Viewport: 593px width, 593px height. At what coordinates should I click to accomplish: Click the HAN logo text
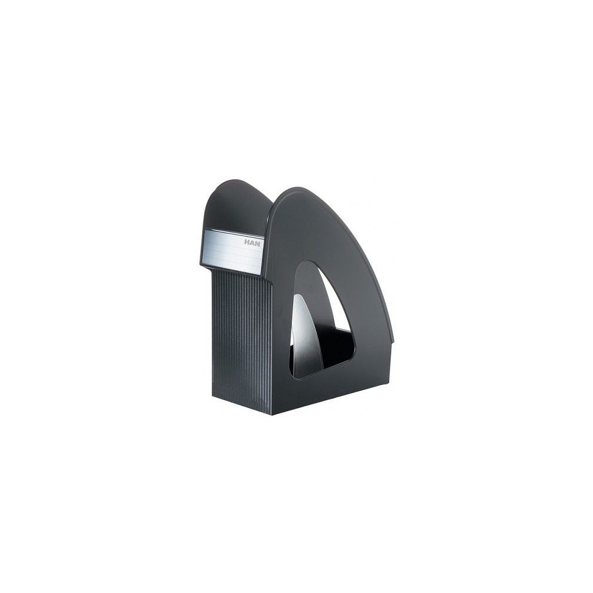tap(252, 243)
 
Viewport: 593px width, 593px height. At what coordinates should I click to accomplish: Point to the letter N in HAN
tap(257, 244)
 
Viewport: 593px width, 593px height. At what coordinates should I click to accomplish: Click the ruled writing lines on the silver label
tap(231, 254)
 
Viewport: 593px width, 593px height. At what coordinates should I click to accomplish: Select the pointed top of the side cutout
tap(310, 262)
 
